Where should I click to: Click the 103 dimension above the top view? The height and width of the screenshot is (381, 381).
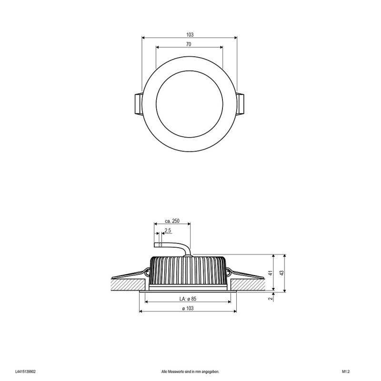point(190,35)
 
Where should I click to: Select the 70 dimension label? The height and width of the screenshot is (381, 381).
point(189,44)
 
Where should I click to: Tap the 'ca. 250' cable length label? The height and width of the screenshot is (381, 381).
point(172,221)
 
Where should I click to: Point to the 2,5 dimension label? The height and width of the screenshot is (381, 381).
point(168,231)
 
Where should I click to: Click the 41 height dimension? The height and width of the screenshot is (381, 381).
point(271,272)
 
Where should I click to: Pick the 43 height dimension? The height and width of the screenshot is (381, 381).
point(281,272)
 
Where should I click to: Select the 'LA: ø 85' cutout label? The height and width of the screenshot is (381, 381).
point(188,299)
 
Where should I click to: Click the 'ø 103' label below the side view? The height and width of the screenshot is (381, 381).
point(188,308)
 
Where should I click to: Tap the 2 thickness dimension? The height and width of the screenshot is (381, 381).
point(271,299)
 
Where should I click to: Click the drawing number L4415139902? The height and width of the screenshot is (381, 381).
point(25,371)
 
